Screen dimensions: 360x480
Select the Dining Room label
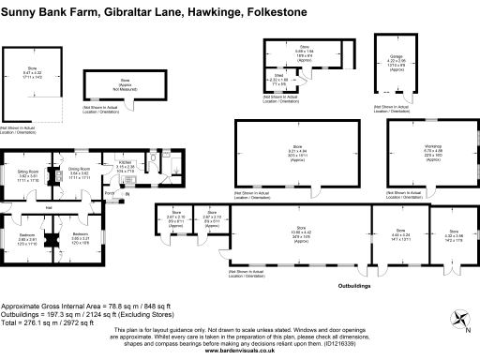point(78,168)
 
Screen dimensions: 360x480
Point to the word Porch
point(109,194)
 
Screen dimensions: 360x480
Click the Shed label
point(277,77)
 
